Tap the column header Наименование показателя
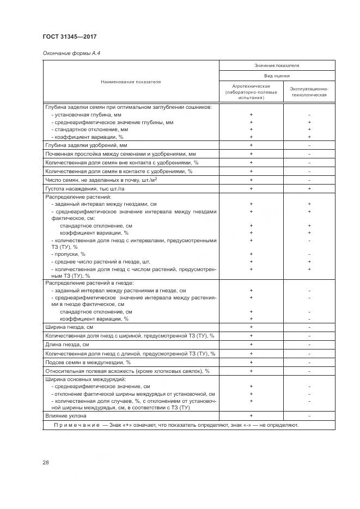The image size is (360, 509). coord(130,82)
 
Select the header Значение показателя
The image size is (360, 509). coord(277,65)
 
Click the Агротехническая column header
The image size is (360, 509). coord(251,90)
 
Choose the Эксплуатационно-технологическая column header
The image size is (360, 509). coord(309,90)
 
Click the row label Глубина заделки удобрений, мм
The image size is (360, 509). coord(86,145)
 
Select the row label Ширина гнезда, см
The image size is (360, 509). coord(70,327)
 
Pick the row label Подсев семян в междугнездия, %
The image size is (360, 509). coord(88,362)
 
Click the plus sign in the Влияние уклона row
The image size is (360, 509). coord(251,415)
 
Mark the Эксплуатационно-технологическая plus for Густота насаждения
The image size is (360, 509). coord(309,188)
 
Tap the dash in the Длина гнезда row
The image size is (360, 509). coord(309,345)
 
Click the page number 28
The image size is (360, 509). coord(46,462)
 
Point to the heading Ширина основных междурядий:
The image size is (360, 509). coord(86,379)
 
